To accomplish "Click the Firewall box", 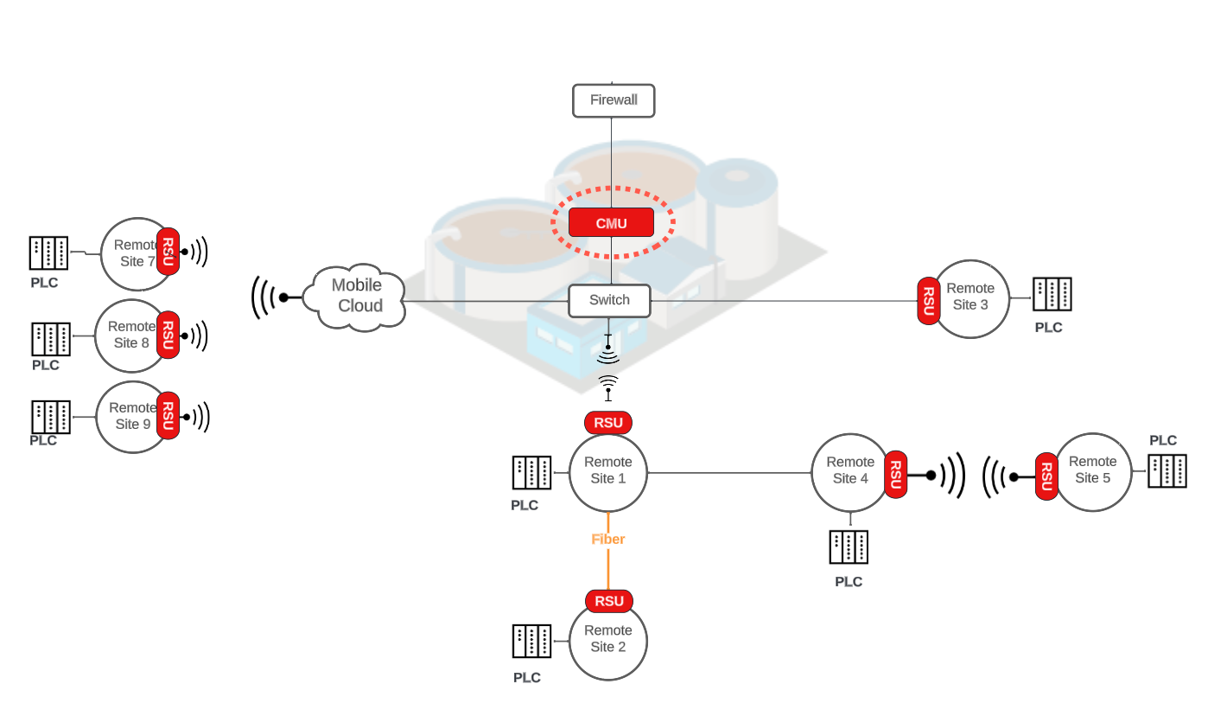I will point(614,100).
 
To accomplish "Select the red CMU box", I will point(611,223).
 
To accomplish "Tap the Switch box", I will point(609,301).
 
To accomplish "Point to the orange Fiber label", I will point(607,539).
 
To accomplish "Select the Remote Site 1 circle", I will point(608,472).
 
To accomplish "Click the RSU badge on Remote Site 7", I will point(168,252).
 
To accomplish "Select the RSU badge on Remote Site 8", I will point(168,334).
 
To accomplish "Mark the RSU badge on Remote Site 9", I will point(168,415).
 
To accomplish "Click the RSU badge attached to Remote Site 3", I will point(928,300).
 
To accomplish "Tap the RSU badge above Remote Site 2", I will point(609,601).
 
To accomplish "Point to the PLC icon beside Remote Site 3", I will point(1052,295).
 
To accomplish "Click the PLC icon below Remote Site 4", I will point(849,547).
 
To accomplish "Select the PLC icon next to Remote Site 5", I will point(1167,470).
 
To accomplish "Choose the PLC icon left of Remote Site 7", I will point(48,253).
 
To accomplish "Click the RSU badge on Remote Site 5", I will point(1046,476).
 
